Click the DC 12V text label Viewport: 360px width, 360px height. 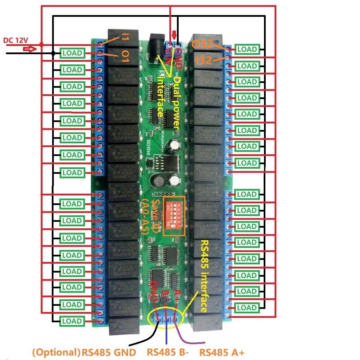click(x=15, y=40)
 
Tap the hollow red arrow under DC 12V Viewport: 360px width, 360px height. click(x=29, y=49)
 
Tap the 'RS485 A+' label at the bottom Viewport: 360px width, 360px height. click(x=221, y=352)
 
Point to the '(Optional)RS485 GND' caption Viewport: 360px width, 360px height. click(x=84, y=352)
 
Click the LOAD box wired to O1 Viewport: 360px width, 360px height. click(x=72, y=53)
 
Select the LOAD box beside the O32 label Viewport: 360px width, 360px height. click(x=247, y=49)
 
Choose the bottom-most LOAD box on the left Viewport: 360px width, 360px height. click(x=72, y=321)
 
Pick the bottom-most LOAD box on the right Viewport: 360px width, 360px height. click(x=247, y=308)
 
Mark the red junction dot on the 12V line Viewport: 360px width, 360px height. click(x=41, y=45)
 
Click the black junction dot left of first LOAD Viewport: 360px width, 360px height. click(x=53, y=53)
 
